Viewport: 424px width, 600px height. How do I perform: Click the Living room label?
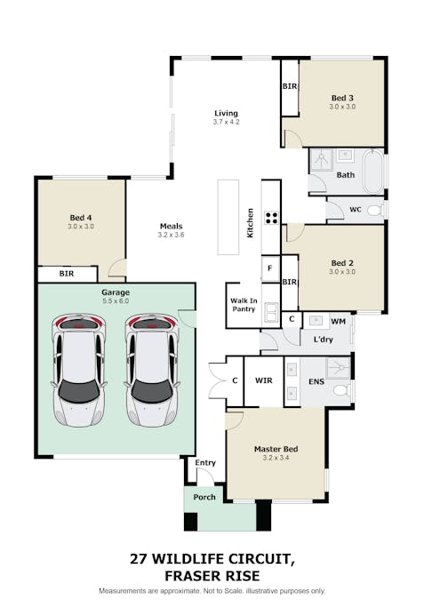click(226, 113)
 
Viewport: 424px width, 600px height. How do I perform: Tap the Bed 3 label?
click(342, 97)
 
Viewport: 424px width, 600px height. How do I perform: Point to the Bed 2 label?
click(342, 263)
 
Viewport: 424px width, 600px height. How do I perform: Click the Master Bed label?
click(276, 450)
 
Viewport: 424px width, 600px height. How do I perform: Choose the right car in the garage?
click(152, 369)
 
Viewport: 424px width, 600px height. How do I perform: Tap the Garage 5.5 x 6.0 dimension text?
click(115, 301)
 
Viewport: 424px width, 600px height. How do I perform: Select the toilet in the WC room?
click(375, 211)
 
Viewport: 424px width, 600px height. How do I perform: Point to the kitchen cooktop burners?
click(270, 216)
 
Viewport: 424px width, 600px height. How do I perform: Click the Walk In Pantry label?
click(243, 305)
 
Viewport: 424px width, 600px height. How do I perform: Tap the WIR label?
click(263, 380)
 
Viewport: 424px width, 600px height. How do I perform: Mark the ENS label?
click(316, 380)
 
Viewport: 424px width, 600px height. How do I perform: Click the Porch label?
click(204, 497)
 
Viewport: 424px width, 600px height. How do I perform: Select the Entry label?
click(205, 462)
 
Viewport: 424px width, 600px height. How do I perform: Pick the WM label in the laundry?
click(338, 320)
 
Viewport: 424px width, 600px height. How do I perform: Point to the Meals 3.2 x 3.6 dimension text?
click(171, 236)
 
